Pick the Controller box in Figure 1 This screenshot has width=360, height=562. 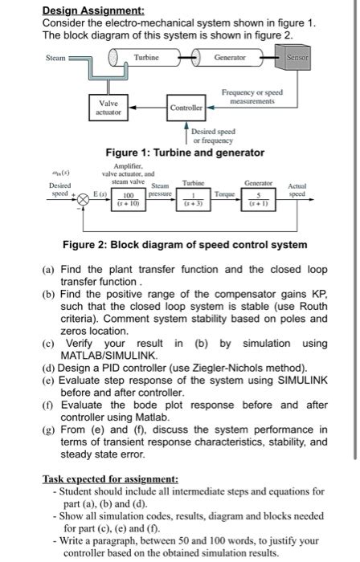pos(186,108)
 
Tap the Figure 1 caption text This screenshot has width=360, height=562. pos(185,152)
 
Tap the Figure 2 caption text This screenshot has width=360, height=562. pos(186,244)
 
